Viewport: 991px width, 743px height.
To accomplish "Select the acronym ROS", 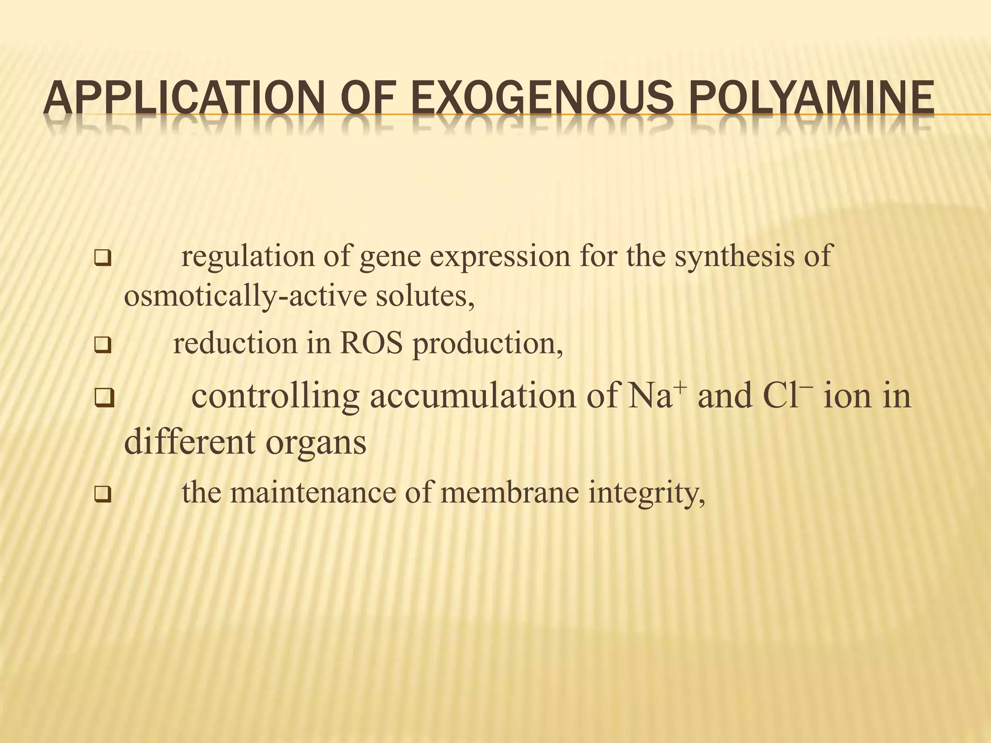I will point(371,343).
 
